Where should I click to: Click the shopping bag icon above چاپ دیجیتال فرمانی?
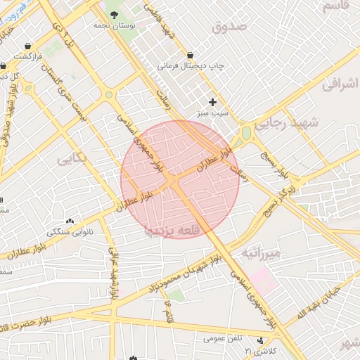click(x=191, y=55)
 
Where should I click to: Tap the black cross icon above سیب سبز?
click(x=213, y=102)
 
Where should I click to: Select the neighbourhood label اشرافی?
click(x=340, y=84)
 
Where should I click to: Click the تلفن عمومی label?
click(x=221, y=338)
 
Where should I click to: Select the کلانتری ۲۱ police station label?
click(x=260, y=350)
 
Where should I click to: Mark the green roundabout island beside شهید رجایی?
click(x=246, y=131)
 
